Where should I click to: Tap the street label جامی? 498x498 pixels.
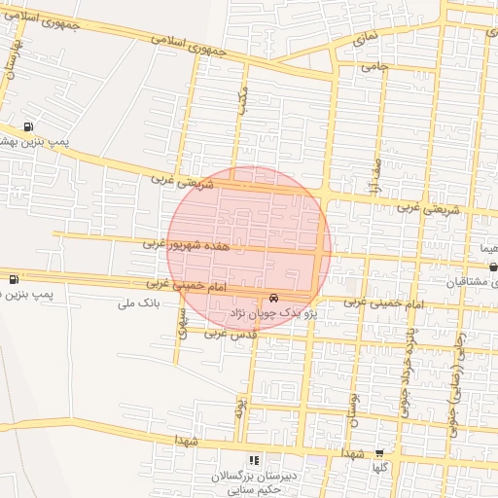[374, 67]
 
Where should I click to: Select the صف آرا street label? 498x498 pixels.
[377, 177]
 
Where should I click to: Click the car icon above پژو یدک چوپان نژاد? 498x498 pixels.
[271, 297]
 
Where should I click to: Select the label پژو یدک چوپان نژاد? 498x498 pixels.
[273, 314]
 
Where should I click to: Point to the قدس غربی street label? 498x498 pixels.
[229, 333]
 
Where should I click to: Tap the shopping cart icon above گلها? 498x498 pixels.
[379, 452]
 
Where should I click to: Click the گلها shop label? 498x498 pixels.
[379, 468]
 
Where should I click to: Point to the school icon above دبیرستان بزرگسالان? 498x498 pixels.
[254, 460]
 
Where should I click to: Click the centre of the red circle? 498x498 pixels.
[249, 249]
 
